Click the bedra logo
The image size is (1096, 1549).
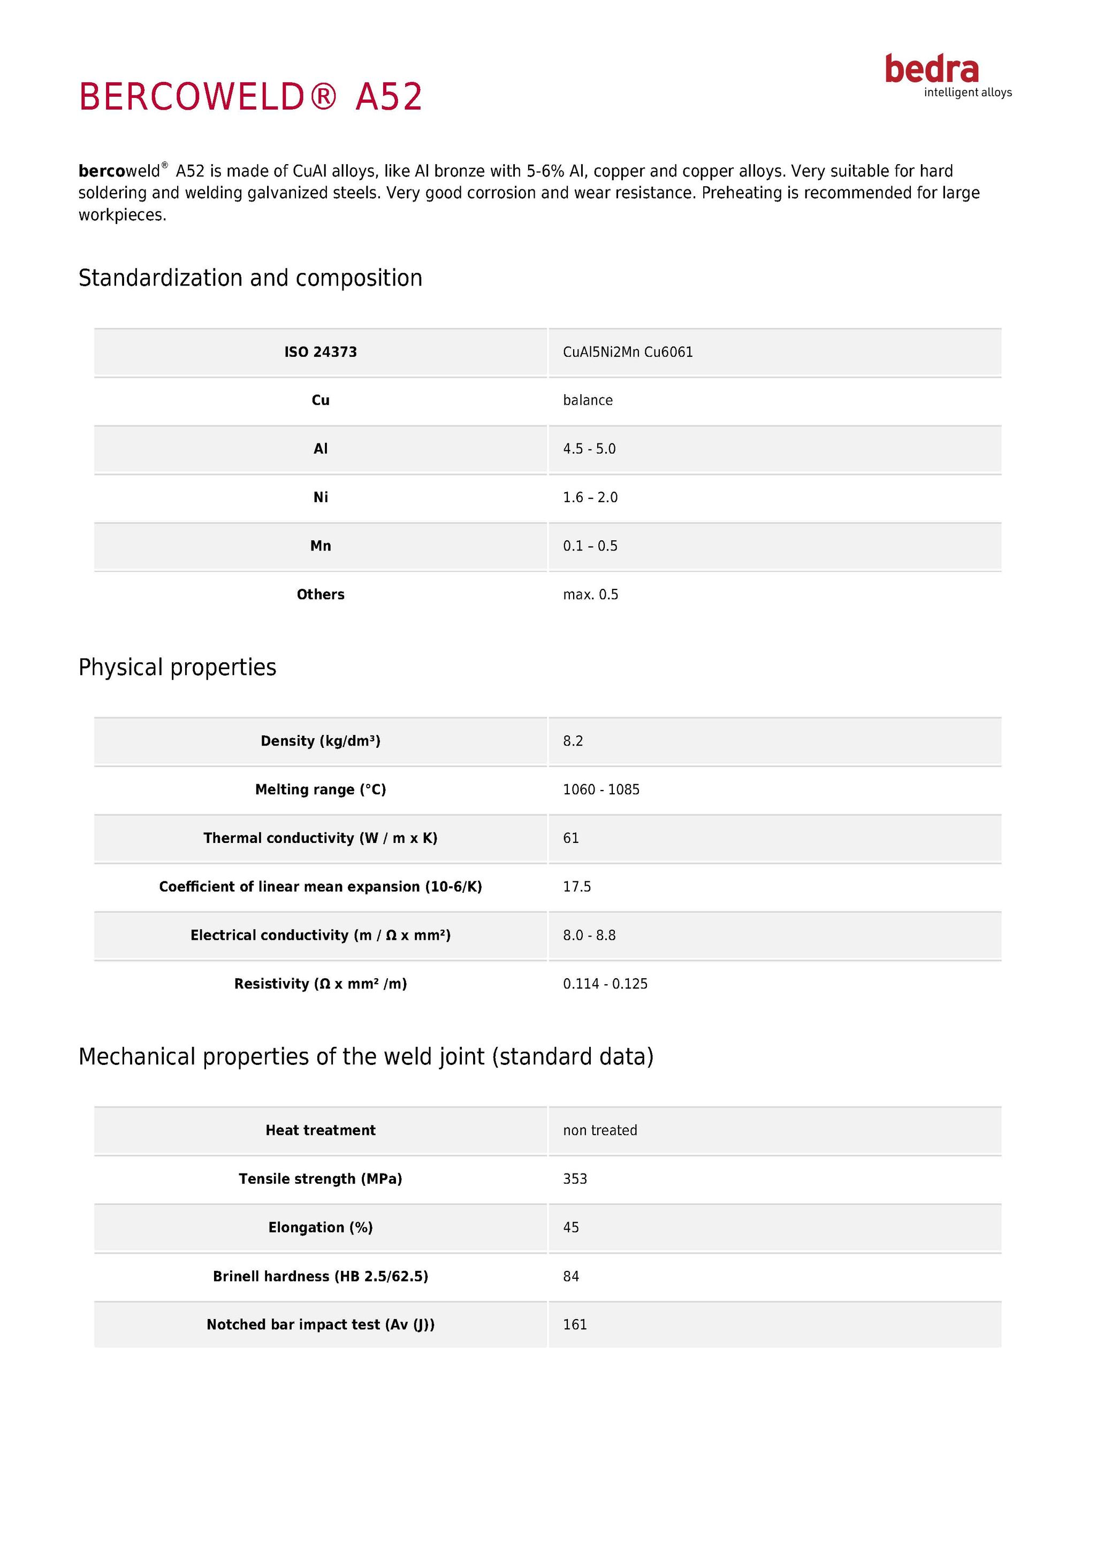tap(947, 75)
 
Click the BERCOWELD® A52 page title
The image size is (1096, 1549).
tap(250, 96)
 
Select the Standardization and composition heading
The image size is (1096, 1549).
tap(250, 278)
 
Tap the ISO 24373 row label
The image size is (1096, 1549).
tap(321, 352)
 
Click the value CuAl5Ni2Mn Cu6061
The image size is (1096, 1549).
tap(628, 352)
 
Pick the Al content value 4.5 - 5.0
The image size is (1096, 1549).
tap(589, 449)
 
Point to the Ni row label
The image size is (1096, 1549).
tap(321, 498)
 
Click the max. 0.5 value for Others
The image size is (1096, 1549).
tap(590, 595)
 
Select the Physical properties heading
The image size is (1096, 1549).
tap(178, 667)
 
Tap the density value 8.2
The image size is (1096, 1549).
tap(573, 741)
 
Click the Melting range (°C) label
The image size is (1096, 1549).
tap(321, 790)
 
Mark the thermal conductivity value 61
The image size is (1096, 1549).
tap(571, 839)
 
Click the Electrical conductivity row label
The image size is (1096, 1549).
tap(321, 935)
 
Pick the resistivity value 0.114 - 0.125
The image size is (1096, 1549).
tap(605, 984)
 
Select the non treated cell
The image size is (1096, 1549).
tap(600, 1131)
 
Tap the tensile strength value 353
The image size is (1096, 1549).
tap(575, 1179)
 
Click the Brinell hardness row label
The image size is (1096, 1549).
tap(321, 1276)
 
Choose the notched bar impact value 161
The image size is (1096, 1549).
tap(575, 1325)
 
